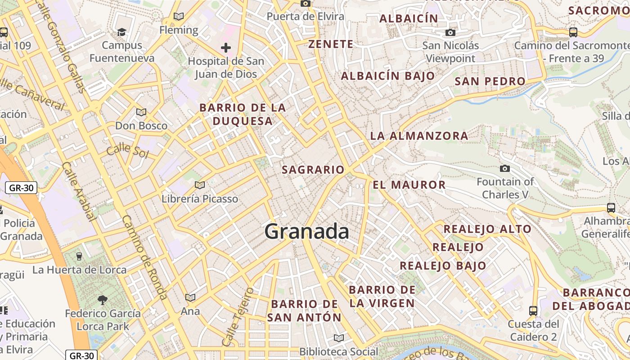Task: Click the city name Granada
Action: click(x=306, y=231)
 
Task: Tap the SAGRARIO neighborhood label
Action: click(x=313, y=170)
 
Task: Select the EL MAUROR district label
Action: click(x=409, y=184)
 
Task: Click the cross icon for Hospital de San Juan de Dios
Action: click(x=226, y=47)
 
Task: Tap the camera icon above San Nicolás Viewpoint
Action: click(x=450, y=32)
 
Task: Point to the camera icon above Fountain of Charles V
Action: click(x=505, y=168)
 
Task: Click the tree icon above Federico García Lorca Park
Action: click(x=103, y=300)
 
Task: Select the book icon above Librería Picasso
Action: click(x=199, y=185)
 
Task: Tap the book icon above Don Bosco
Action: click(x=141, y=112)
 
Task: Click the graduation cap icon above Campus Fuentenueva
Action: click(x=121, y=32)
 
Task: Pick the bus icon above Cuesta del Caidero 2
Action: click(x=533, y=310)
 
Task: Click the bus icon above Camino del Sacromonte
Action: click(x=573, y=32)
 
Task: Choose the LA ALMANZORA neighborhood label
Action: click(x=419, y=135)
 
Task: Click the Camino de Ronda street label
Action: click(x=145, y=257)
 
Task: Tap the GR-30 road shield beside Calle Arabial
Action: click(x=21, y=188)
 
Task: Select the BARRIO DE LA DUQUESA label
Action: click(x=243, y=114)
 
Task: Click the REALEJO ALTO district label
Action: click(x=487, y=229)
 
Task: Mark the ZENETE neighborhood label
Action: click(x=331, y=44)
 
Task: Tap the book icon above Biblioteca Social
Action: click(x=339, y=338)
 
